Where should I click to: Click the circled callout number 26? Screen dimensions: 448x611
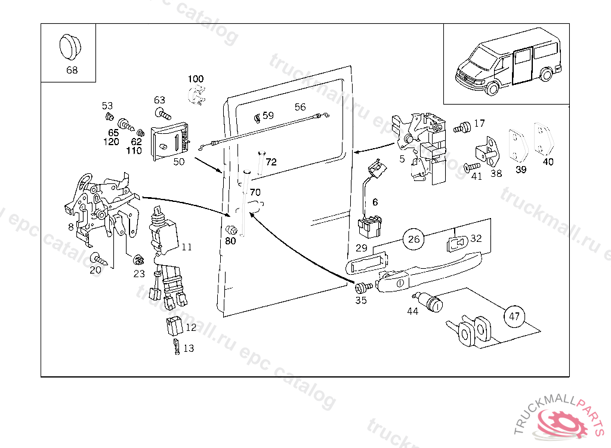click(x=415, y=240)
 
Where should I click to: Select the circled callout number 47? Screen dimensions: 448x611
click(x=515, y=316)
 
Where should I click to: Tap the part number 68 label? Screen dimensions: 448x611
click(x=72, y=70)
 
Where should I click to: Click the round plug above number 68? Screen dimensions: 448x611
click(x=71, y=47)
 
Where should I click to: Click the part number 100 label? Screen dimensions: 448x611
click(x=196, y=79)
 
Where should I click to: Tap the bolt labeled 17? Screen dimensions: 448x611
click(x=461, y=127)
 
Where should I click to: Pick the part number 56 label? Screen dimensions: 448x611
click(x=300, y=107)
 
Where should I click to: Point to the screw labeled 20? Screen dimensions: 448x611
click(x=98, y=259)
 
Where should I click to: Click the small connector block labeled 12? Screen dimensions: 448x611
click(x=174, y=327)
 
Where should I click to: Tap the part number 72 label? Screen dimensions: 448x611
click(x=271, y=162)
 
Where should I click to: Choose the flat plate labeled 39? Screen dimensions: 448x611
click(x=517, y=145)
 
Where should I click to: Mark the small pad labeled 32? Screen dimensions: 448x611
click(x=458, y=243)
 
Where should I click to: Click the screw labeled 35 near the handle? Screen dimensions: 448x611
click(x=363, y=287)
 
